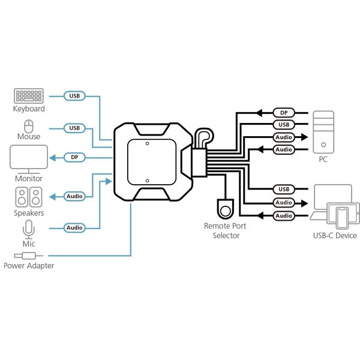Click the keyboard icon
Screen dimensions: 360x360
click(28, 96)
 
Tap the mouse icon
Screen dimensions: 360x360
click(28, 126)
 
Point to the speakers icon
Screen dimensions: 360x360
click(29, 197)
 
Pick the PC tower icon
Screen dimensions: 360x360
click(324, 131)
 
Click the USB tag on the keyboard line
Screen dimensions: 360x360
click(74, 96)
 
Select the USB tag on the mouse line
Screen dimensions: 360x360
click(74, 128)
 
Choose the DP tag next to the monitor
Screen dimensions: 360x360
click(74, 157)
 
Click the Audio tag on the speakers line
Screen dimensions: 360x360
click(74, 196)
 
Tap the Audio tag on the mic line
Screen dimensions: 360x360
click(74, 228)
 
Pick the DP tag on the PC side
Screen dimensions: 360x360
click(283, 112)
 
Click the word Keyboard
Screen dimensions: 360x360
click(29, 109)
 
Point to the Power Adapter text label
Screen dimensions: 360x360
click(29, 265)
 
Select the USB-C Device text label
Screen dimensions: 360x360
click(335, 236)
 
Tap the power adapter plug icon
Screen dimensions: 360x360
click(29, 255)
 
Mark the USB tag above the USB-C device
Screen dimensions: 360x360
click(283, 190)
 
